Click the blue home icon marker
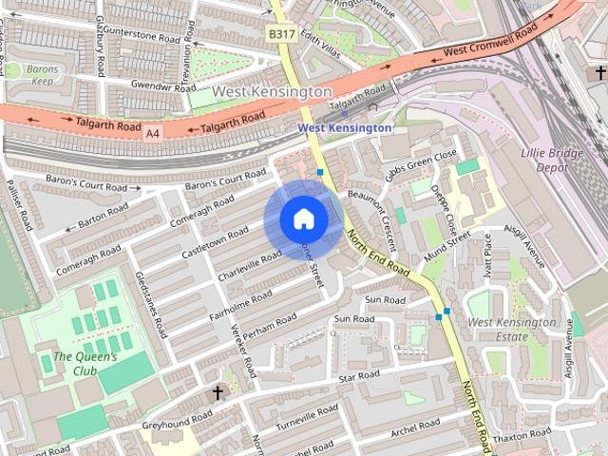(x=303, y=219)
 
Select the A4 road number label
(x=152, y=134)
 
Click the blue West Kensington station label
(x=344, y=127)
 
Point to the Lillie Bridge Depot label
(x=545, y=160)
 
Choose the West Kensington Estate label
(x=512, y=330)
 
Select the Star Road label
(x=359, y=377)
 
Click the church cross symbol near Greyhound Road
(x=217, y=392)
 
